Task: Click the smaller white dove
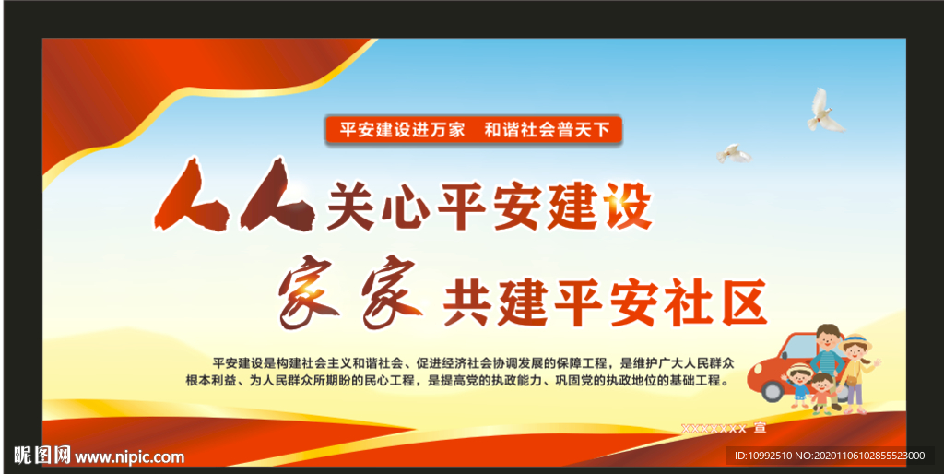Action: pyautogui.click(x=734, y=153)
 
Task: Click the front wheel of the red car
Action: pyautogui.click(x=774, y=388)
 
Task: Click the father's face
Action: pyautogui.click(x=827, y=339)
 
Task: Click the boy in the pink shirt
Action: pyautogui.click(x=821, y=395)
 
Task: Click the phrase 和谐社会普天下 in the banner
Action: pyautogui.click(x=548, y=130)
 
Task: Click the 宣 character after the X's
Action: pyautogui.click(x=759, y=429)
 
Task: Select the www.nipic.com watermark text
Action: pyautogui.click(x=129, y=456)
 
